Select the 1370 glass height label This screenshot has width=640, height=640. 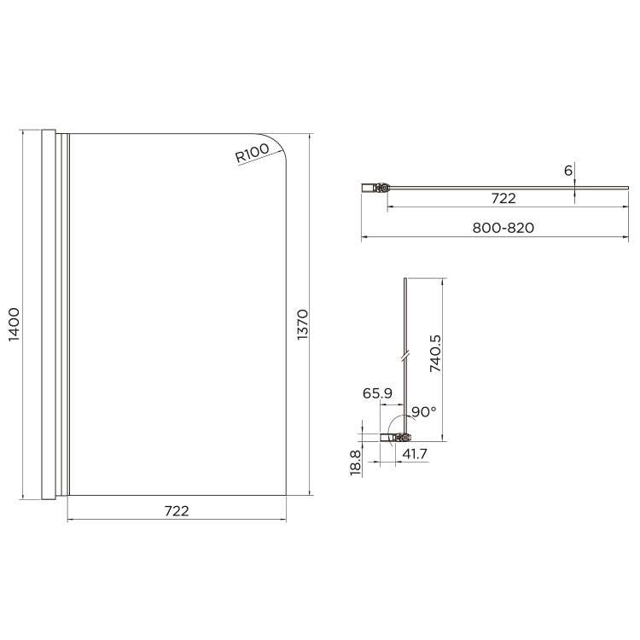(x=301, y=325)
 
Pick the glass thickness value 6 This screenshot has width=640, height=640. (x=568, y=170)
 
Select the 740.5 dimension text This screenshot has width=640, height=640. (x=434, y=355)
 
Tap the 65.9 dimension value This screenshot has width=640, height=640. (x=377, y=393)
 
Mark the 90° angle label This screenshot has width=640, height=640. (x=423, y=411)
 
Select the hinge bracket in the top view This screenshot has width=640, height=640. (x=376, y=187)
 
